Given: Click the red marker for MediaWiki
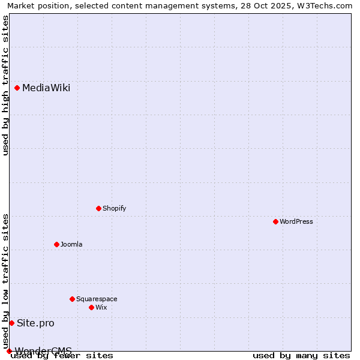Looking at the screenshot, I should [17, 88].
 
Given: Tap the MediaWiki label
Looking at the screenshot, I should [46, 88].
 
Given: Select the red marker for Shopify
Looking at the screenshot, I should [99, 208].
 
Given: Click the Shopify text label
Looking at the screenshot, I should [114, 208].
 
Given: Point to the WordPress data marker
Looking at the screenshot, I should [276, 221].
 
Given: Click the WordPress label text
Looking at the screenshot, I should [296, 221].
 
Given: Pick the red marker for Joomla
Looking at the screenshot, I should [57, 244].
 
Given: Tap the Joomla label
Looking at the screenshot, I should [71, 244].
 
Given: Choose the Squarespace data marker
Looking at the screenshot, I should [73, 299].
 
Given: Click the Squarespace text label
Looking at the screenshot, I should [97, 299].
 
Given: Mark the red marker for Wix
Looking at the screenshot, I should [92, 307].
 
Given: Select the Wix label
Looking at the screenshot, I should [101, 307].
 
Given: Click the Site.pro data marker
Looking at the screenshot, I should [12, 323].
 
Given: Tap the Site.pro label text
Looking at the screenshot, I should [35, 323].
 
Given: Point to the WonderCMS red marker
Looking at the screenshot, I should [9, 351].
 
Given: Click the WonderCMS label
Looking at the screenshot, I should [43, 350].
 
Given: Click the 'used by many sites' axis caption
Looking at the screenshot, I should [301, 356].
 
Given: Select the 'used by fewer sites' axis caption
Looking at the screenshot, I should [62, 356].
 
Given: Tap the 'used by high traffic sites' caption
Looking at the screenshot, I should [6, 85].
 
